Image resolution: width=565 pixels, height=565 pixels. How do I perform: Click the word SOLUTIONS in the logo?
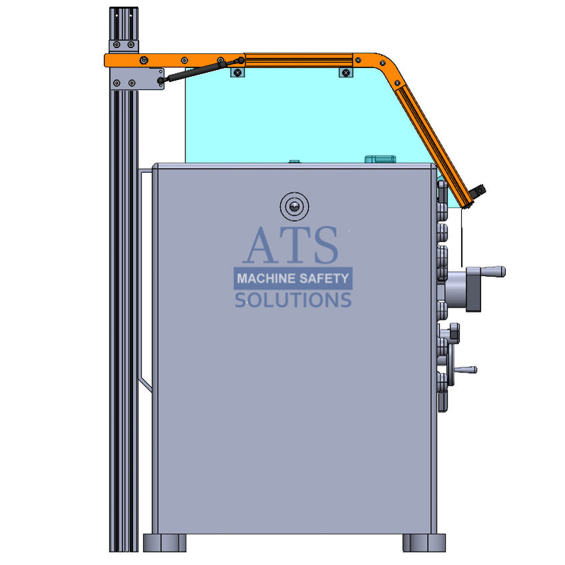[292, 300]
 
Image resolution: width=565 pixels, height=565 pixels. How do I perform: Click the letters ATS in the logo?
[290, 245]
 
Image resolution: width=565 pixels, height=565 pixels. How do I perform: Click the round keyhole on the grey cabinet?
[294, 207]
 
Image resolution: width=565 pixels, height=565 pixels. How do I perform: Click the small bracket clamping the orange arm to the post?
[124, 46]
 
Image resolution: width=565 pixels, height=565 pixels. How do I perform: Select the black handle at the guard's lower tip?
[477, 193]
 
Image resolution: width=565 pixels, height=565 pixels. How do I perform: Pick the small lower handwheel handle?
[465, 369]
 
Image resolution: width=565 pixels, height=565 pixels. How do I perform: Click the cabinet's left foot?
[165, 542]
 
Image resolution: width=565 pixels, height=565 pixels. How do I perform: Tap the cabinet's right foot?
[424, 542]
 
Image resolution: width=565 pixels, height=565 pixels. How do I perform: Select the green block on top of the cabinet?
[380, 159]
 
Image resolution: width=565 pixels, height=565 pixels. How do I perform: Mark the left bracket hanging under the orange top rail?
[238, 71]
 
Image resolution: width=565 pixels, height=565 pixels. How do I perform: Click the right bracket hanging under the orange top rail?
[344, 71]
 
